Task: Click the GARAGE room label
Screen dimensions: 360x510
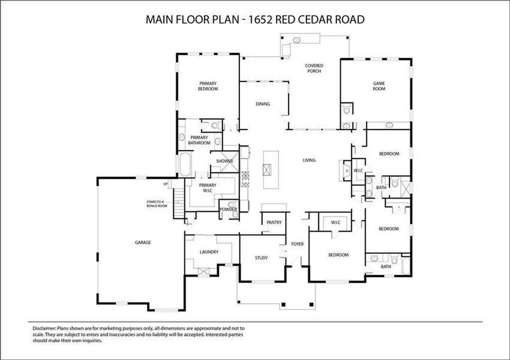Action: click(142, 242)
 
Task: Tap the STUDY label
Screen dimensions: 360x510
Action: click(261, 258)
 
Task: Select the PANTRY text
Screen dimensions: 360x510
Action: click(274, 223)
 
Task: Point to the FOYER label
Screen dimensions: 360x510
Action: click(298, 244)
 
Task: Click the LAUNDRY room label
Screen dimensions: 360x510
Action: click(209, 252)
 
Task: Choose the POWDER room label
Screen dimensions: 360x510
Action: click(227, 209)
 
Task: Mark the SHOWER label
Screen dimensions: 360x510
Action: click(224, 161)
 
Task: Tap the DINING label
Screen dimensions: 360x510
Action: click(263, 104)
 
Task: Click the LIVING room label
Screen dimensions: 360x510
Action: click(309, 160)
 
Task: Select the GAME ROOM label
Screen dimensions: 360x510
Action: click(379, 86)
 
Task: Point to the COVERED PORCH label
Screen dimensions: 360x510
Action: click(313, 68)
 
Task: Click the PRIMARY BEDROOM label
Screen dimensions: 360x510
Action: click(208, 86)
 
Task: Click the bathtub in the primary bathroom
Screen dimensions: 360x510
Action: click(184, 164)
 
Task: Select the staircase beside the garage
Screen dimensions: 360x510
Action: click(178, 203)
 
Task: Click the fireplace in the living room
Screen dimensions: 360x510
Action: click(344, 170)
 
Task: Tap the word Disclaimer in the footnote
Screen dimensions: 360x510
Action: click(43, 329)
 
